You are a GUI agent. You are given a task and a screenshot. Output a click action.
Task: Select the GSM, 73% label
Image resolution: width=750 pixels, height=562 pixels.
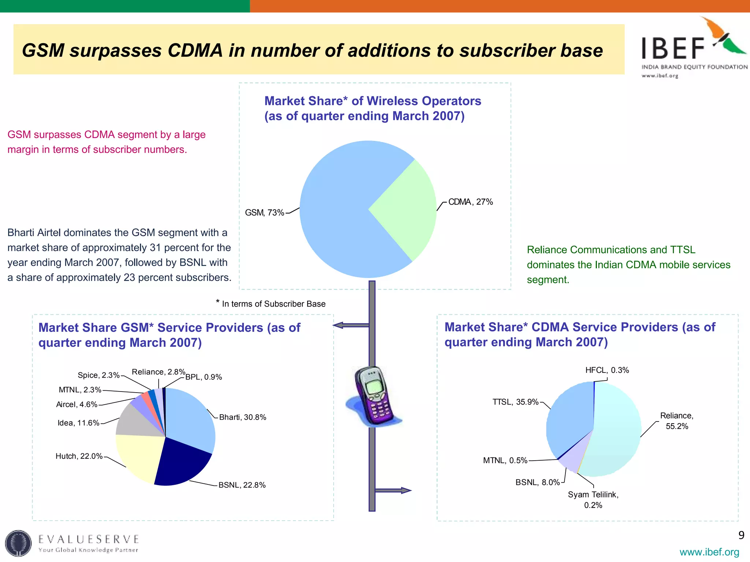[264, 213]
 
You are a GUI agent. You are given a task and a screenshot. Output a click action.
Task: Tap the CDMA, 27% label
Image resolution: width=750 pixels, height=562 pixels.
[471, 202]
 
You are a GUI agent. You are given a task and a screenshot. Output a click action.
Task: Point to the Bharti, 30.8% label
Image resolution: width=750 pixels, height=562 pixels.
[242, 417]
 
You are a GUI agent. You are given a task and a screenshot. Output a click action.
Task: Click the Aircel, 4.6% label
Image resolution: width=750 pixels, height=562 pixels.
[77, 404]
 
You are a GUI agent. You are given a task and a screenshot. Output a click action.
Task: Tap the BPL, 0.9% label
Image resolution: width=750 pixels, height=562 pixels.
[204, 377]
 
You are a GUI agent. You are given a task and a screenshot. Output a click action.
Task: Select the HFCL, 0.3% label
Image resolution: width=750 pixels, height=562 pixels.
[607, 370]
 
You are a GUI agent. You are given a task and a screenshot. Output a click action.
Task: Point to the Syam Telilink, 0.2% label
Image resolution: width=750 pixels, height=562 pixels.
[593, 499]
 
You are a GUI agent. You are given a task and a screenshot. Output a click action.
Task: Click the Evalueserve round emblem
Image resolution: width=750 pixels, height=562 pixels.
[18, 543]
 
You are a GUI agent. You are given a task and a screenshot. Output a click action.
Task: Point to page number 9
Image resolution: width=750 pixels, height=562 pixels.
[741, 535]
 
